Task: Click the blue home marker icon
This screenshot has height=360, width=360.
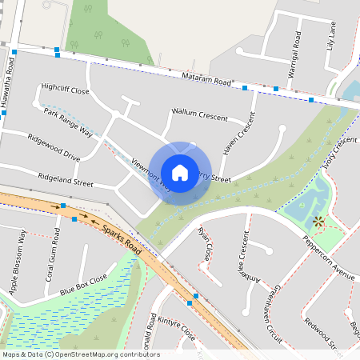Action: click(180, 173)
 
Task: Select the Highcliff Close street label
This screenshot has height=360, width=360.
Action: click(66, 90)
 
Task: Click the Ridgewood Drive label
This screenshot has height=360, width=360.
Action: click(54, 146)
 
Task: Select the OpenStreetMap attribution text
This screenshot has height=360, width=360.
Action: click(80, 354)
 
